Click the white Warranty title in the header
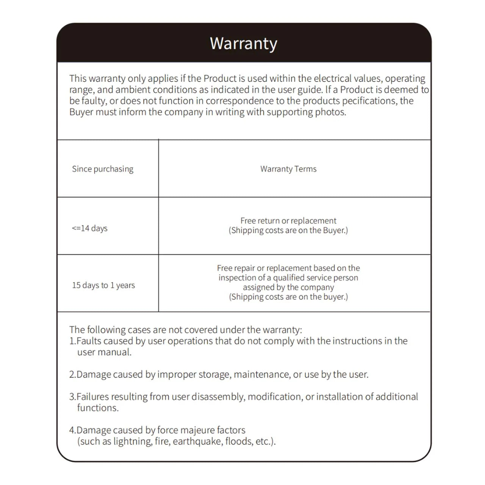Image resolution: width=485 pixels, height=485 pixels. pos(243,44)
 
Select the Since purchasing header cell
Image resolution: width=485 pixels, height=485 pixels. pos(103,169)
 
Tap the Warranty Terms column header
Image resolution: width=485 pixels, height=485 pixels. pos(288,169)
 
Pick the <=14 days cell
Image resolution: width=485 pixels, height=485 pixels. pos(90,228)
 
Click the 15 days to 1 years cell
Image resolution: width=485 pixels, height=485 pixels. pos(103,285)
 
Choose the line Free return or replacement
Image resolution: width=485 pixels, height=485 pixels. pos(288,221)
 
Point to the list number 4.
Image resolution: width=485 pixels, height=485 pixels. pos(72,430)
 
